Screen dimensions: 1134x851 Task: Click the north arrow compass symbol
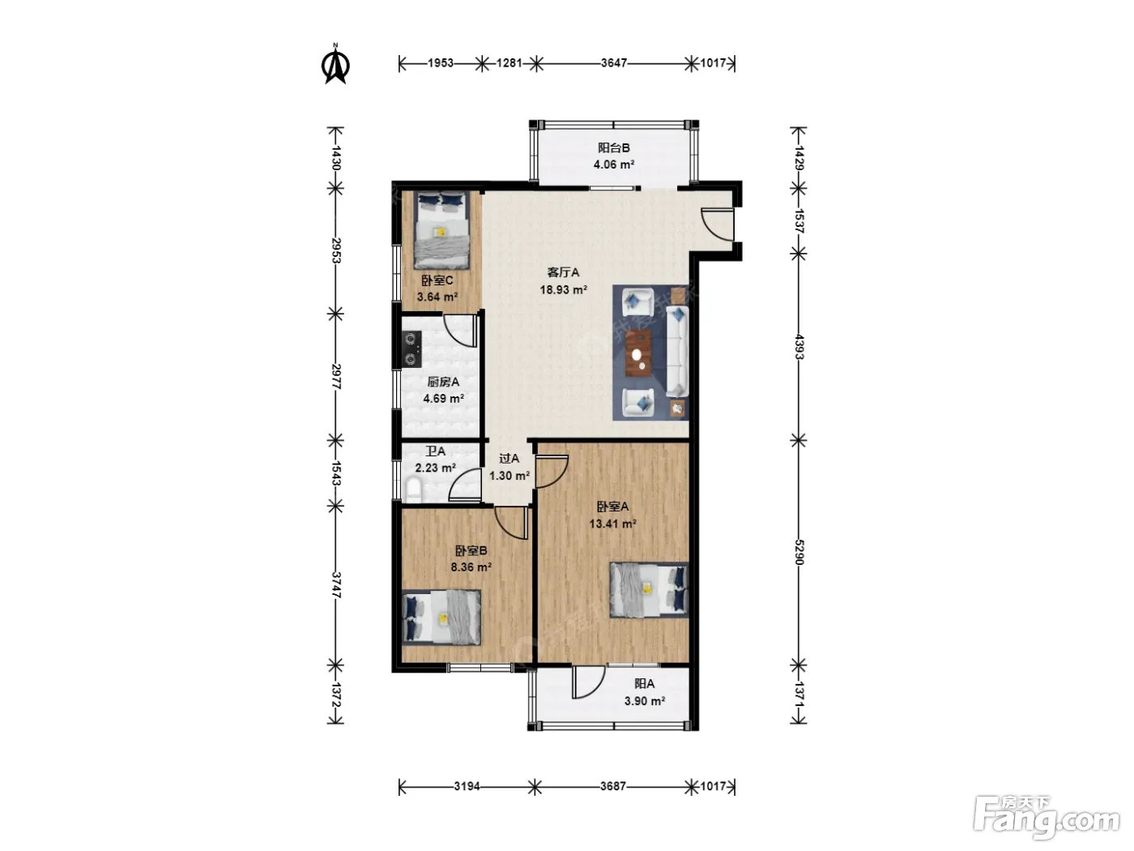(x=335, y=65)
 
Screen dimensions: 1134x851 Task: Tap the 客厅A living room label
(x=563, y=272)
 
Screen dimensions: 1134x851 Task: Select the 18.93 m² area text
(x=563, y=290)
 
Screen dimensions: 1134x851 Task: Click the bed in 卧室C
(x=441, y=230)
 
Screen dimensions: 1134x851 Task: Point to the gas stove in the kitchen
(x=411, y=349)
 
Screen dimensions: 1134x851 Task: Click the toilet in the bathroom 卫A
(x=413, y=490)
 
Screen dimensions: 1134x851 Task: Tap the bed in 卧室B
(x=441, y=618)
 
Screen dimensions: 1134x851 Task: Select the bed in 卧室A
(x=650, y=589)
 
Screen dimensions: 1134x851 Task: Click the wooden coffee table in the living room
(x=638, y=353)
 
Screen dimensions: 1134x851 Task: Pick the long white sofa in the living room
(x=677, y=352)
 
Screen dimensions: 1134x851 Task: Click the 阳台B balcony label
(x=614, y=148)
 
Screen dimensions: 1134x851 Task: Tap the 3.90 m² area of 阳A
(x=644, y=701)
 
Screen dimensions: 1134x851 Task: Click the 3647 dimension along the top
(x=614, y=63)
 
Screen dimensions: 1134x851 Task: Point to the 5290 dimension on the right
(x=799, y=553)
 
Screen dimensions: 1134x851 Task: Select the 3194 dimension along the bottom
(x=467, y=786)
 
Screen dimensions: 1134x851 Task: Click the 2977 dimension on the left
(x=336, y=377)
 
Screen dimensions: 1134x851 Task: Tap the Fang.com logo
(x=1047, y=817)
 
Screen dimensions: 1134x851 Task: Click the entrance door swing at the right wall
(x=717, y=225)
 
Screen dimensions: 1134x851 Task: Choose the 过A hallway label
(x=509, y=458)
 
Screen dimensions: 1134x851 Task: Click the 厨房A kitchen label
(x=443, y=382)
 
